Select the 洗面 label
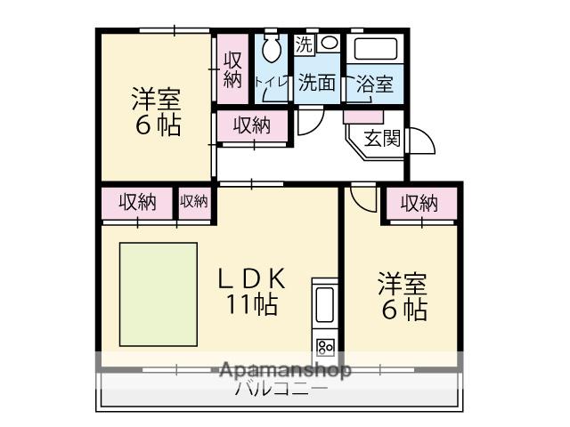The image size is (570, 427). click(316, 83)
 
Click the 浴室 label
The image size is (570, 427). click(374, 85)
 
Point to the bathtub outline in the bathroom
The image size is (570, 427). click(374, 49)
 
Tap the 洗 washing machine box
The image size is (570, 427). click(305, 43)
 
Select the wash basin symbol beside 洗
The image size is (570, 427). click(329, 43)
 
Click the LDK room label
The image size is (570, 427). click(252, 278)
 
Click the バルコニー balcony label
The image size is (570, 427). click(281, 389)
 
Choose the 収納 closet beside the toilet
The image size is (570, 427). click(232, 69)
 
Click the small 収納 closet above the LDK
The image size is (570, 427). click(194, 202)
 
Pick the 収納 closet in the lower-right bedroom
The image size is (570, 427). click(419, 204)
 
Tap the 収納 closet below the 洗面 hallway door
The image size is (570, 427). click(252, 126)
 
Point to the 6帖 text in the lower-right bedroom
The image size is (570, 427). click(404, 310)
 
